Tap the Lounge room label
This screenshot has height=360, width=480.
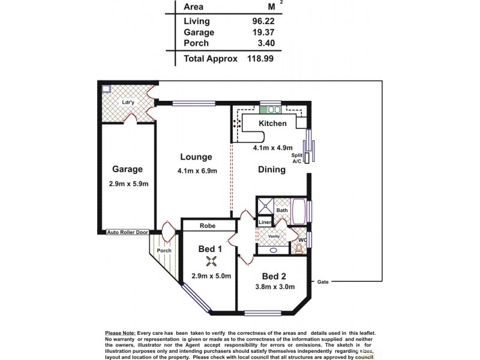click(x=196, y=157)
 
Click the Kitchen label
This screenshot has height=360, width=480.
click(x=272, y=124)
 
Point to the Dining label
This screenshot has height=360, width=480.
click(x=272, y=170)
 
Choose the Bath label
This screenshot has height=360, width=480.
click(x=282, y=210)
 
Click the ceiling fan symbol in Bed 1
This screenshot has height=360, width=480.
click(x=211, y=260)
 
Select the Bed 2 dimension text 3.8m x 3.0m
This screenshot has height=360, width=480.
click(x=273, y=287)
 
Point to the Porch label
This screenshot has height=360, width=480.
click(x=164, y=250)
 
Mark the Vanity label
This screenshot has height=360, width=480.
click(x=274, y=236)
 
